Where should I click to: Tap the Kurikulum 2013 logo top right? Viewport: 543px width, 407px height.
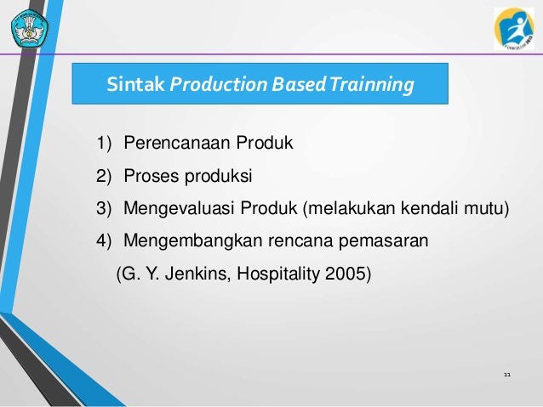tap(514, 28)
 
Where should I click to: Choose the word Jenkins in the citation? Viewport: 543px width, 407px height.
tap(191, 275)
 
